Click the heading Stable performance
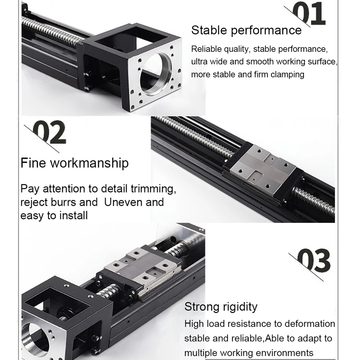click(246, 30)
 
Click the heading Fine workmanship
click(75, 163)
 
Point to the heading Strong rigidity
click(221, 307)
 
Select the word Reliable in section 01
click(204, 49)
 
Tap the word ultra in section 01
click(198, 62)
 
